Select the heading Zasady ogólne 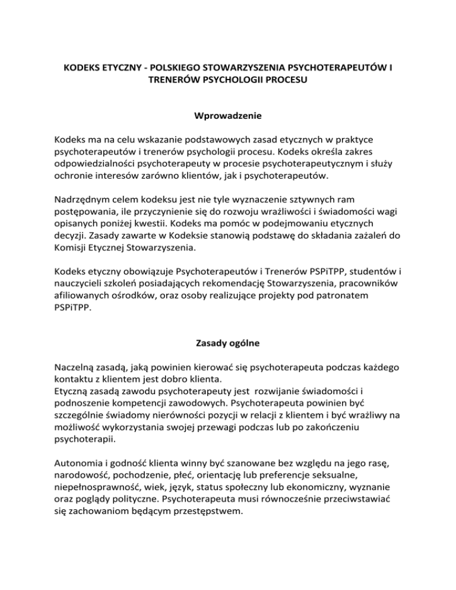(228, 359)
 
